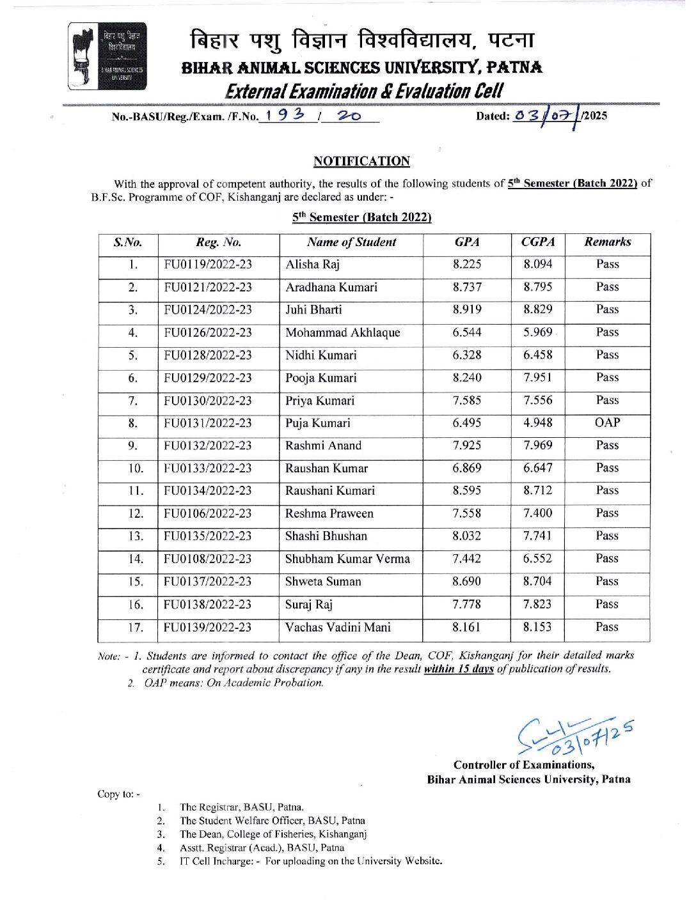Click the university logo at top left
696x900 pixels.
(107, 56)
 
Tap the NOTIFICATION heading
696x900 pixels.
(361, 161)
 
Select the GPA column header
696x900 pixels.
(467, 242)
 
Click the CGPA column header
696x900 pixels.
(538, 242)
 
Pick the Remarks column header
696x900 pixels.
(607, 242)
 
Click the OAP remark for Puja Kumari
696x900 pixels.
(607, 423)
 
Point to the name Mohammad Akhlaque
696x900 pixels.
(342, 332)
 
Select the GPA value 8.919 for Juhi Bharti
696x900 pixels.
(467, 309)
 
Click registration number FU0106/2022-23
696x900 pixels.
(208, 513)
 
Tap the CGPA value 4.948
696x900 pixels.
(537, 423)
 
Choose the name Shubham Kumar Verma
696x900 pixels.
(347, 559)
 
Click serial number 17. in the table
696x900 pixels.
(135, 627)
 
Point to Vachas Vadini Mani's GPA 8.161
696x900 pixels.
(466, 627)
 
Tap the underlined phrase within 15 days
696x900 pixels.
(459, 669)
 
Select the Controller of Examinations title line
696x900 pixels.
(524, 764)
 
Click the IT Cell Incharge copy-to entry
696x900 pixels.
(310, 861)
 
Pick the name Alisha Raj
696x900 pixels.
(312, 265)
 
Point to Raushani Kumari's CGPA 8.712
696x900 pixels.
(537, 490)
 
